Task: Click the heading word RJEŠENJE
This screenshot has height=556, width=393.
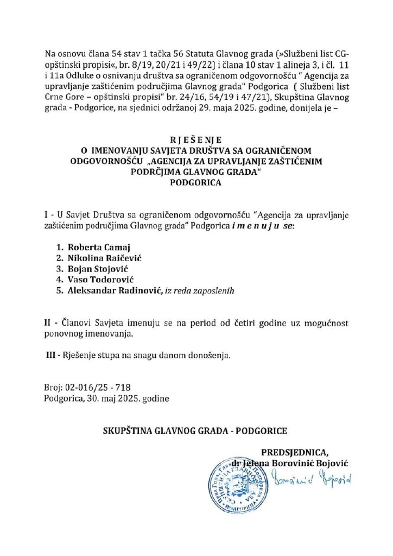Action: click(x=196, y=138)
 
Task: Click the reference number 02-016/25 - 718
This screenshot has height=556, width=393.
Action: click(x=97, y=387)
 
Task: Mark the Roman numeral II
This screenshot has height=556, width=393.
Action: click(x=48, y=323)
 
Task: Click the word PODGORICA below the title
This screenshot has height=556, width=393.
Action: click(x=196, y=183)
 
